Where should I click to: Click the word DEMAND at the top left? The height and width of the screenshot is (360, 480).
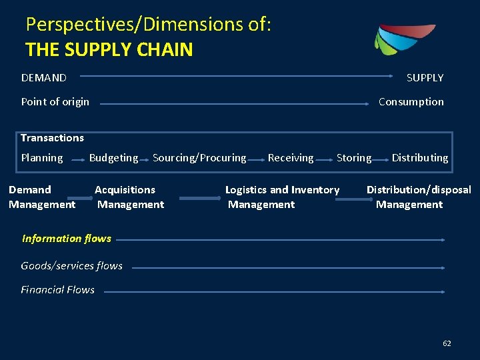(x=44, y=78)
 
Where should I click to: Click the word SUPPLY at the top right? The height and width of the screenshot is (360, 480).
(x=425, y=78)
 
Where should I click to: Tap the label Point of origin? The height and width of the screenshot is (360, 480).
(x=55, y=102)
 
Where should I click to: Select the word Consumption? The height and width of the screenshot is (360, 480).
(x=411, y=102)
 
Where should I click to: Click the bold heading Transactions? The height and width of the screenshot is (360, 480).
(x=52, y=138)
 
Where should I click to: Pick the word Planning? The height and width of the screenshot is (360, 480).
(x=42, y=158)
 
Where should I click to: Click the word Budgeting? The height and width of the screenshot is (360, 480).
(x=113, y=158)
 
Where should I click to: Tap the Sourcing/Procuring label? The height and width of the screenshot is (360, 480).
(x=199, y=158)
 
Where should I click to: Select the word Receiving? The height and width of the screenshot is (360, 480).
(x=291, y=158)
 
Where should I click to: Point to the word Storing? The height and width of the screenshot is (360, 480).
(x=354, y=158)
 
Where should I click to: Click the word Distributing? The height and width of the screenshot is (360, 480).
(x=420, y=158)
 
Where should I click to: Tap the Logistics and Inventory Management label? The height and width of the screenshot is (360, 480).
(x=282, y=197)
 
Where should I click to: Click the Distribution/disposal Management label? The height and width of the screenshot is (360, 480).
(x=419, y=197)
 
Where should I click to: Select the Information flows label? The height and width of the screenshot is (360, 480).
(x=67, y=239)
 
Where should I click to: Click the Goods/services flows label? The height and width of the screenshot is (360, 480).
(x=71, y=265)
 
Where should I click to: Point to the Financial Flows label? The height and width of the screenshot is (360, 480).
(x=57, y=290)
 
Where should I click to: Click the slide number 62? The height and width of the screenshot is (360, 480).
(x=447, y=343)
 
